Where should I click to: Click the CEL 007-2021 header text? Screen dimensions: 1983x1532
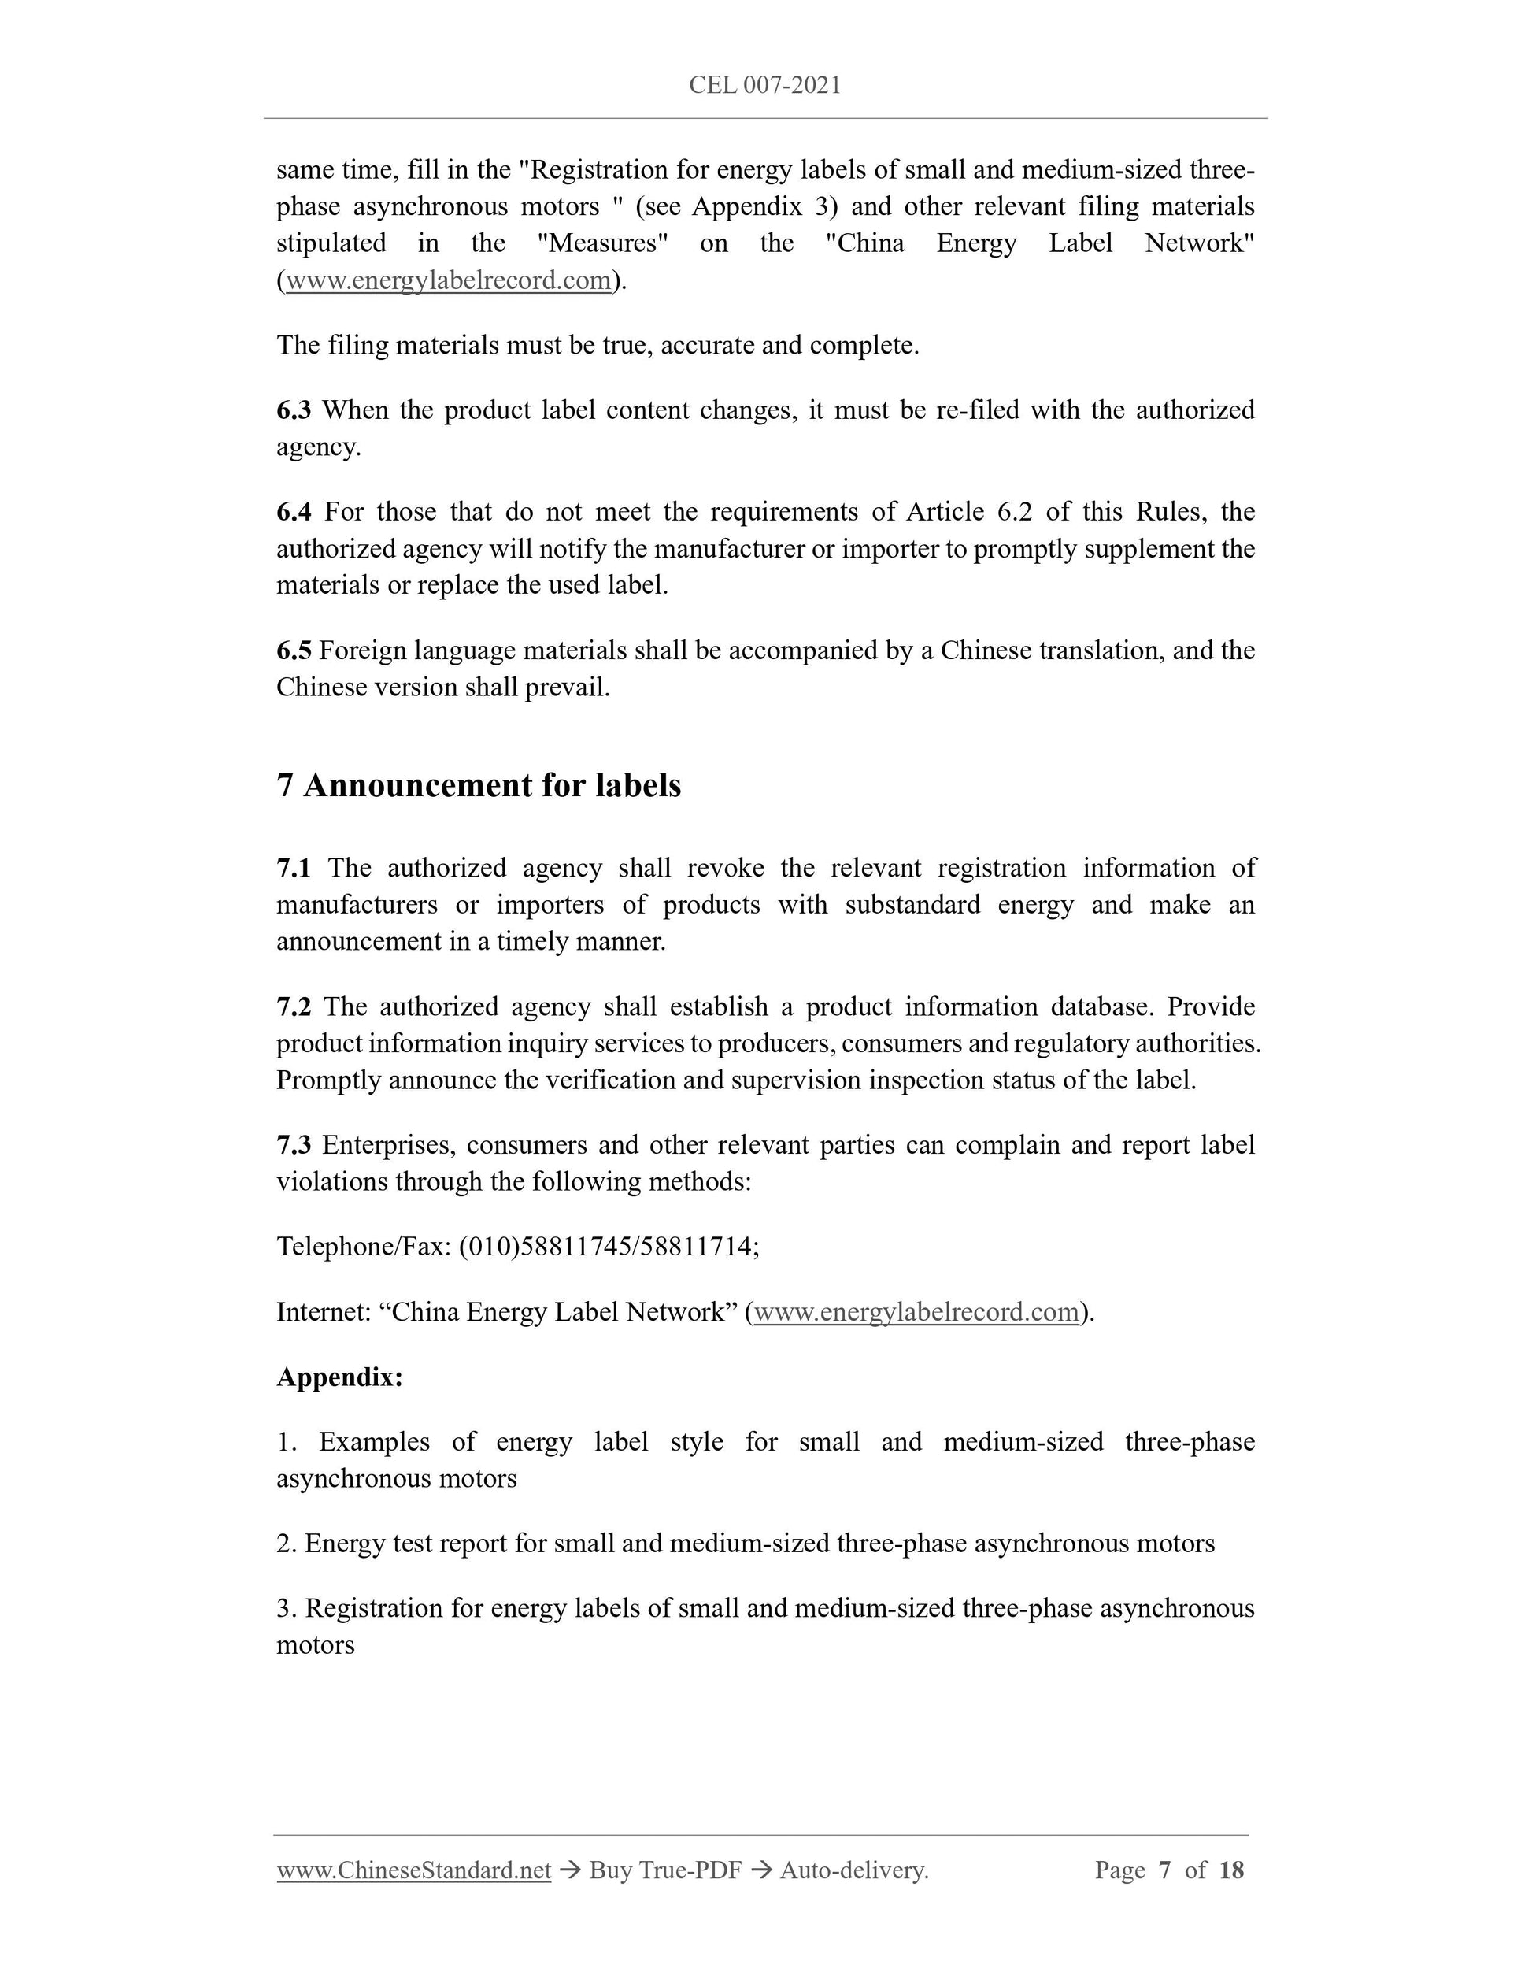[x=764, y=85]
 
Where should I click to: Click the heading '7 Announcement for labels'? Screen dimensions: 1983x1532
[x=479, y=785]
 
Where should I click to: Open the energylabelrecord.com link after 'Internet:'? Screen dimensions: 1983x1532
[x=916, y=1312]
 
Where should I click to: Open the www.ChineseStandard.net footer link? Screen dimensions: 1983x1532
[x=414, y=1870]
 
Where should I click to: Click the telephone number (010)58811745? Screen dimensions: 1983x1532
[x=546, y=1247]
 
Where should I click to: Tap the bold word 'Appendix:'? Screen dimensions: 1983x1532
[x=339, y=1377]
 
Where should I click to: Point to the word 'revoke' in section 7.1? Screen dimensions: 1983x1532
[x=725, y=868]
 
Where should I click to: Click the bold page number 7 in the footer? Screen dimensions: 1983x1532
[x=1164, y=1870]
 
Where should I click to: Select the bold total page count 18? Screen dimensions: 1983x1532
[x=1230, y=1870]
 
